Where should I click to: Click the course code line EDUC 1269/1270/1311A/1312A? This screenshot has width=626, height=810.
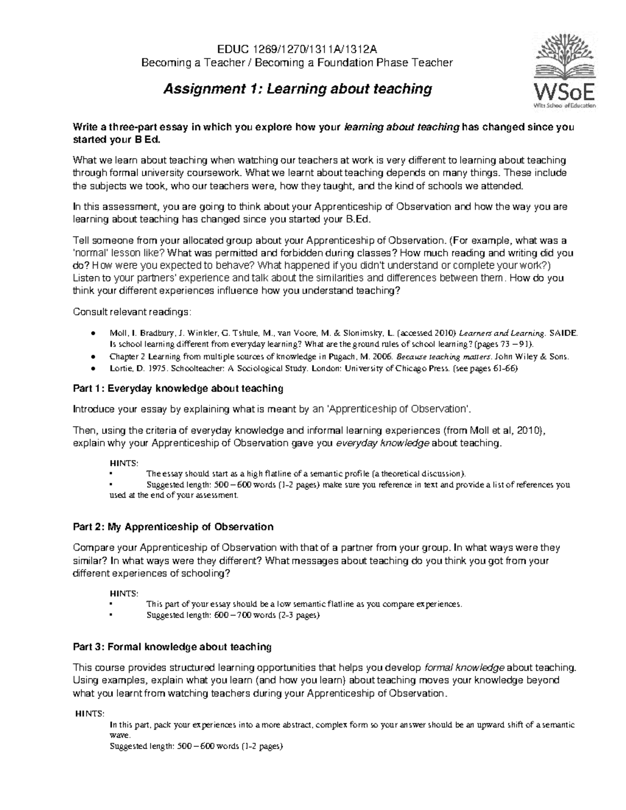click(x=297, y=49)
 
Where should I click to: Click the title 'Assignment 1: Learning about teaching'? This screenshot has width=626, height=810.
click(x=298, y=89)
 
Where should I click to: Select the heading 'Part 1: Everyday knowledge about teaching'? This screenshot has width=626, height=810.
click(x=178, y=388)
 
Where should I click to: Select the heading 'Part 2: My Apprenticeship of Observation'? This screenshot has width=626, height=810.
click(x=173, y=527)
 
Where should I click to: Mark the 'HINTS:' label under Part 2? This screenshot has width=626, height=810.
click(x=124, y=594)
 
